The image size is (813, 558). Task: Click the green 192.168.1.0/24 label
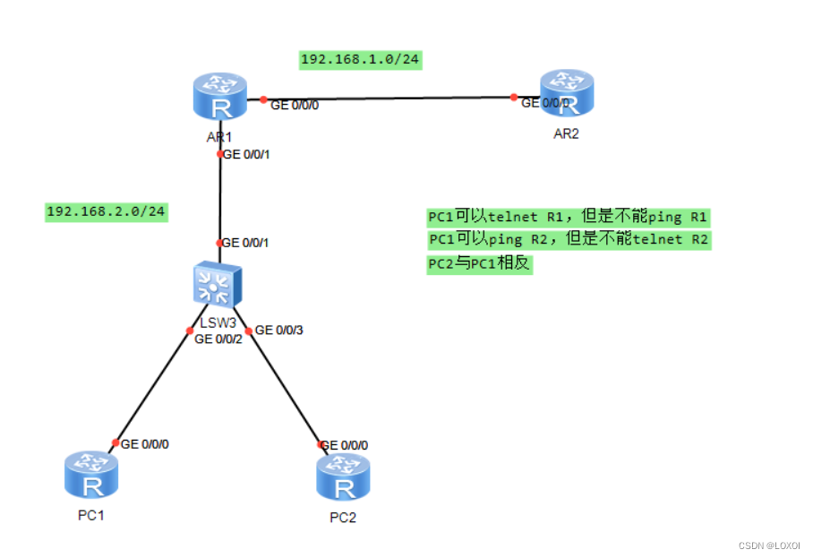(361, 60)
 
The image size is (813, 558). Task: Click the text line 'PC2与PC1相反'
(479, 265)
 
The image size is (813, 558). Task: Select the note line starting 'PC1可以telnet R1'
(568, 217)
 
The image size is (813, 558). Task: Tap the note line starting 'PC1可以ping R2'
(568, 240)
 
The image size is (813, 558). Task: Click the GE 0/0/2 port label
(218, 339)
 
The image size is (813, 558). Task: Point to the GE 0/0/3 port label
(279, 330)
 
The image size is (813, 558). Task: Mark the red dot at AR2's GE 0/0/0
(514, 97)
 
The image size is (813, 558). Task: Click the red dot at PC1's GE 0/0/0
(116, 443)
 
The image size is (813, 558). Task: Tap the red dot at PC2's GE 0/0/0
(320, 444)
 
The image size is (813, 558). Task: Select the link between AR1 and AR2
(385, 98)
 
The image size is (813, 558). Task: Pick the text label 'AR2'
(567, 133)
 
